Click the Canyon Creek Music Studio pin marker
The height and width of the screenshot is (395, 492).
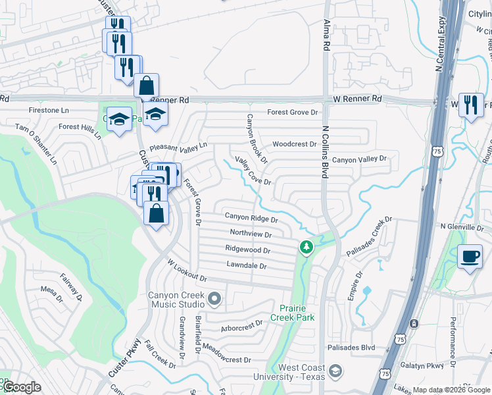tap(214, 301)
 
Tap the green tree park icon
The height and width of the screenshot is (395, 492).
tap(306, 247)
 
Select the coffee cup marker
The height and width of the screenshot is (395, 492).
tap(470, 256)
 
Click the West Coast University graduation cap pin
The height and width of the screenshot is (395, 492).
tap(336, 372)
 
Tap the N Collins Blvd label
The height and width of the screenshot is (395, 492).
tap(324, 151)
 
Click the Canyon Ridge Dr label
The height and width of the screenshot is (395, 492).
tap(251, 216)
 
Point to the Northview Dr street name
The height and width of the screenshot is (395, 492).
tap(251, 233)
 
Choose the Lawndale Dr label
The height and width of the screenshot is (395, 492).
tap(246, 266)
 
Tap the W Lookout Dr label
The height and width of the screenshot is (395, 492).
tap(187, 270)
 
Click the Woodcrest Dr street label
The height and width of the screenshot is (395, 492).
tap(295, 144)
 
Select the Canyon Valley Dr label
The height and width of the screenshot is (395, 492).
tap(360, 159)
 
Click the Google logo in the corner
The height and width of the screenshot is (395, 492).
tap(21, 387)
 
